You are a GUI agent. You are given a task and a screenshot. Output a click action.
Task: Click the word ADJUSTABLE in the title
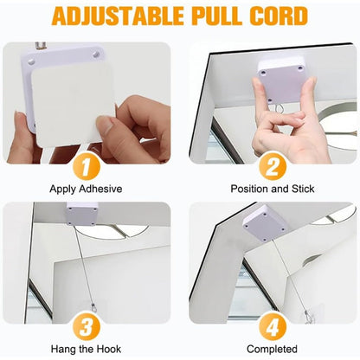click(118, 16)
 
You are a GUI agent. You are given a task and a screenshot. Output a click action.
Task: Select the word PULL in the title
click(215, 16)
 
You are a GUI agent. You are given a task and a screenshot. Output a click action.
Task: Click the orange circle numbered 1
click(86, 168)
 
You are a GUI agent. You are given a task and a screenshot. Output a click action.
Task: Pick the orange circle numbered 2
click(273, 168)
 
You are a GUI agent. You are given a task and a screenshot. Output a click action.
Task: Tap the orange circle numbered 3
click(86, 327)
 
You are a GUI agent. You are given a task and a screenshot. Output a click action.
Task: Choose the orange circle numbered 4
click(273, 327)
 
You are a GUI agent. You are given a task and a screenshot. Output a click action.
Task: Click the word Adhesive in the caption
click(100, 189)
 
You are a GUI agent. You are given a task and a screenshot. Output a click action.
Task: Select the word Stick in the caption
click(303, 189)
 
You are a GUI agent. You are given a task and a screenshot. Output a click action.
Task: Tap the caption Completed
click(272, 350)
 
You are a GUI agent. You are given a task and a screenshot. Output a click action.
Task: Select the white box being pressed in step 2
click(282, 80)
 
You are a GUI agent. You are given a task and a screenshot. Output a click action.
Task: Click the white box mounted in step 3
click(82, 214)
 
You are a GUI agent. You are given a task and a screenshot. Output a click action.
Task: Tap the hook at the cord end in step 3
click(93, 306)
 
